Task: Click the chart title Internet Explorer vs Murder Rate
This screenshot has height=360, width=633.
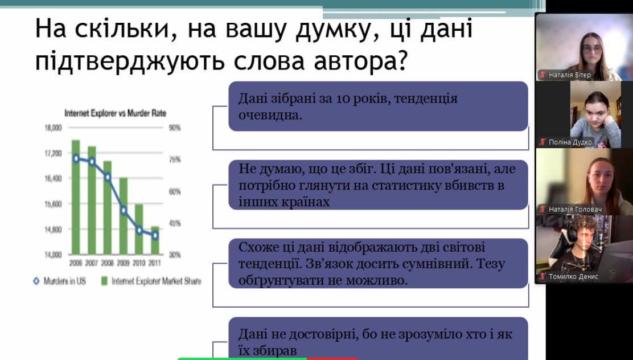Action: point(116,113)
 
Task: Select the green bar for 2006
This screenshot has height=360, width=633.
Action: point(76,197)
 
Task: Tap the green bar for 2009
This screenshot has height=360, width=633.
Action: point(123,216)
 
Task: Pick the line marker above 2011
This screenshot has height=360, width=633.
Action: point(155,235)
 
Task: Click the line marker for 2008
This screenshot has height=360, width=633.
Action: point(108,177)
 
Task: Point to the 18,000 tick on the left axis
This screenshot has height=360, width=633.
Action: point(54,128)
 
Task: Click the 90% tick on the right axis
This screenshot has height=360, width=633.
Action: point(174,128)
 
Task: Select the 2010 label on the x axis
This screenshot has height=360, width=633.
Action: point(139,263)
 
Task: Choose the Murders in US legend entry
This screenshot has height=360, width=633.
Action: point(60,281)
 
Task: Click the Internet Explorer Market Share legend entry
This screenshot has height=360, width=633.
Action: point(151,281)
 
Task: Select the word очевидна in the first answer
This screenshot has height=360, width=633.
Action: point(270,115)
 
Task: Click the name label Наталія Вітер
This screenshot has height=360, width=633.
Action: point(570,75)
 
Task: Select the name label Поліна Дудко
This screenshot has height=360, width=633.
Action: point(570,142)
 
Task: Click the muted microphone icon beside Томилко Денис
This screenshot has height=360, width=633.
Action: point(542,276)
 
